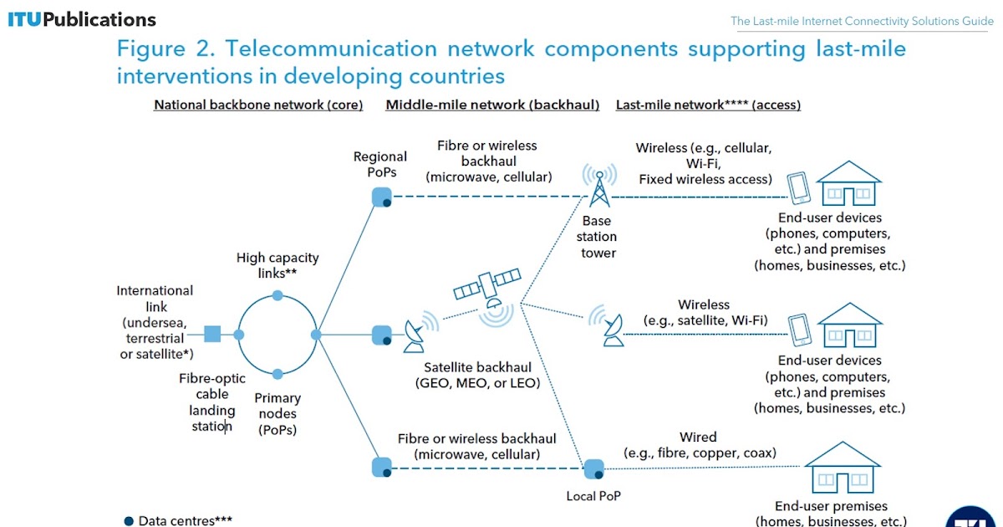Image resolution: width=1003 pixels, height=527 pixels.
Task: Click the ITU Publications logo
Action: [x=82, y=19]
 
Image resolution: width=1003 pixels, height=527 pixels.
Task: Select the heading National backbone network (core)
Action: [x=258, y=105]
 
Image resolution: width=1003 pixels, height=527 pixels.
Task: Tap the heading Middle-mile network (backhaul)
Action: [x=492, y=105]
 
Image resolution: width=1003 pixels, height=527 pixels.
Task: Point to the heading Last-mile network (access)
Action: [x=708, y=105]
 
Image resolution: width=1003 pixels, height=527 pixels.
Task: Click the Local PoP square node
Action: [x=593, y=468]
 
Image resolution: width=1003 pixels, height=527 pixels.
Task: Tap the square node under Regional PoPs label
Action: [x=381, y=197]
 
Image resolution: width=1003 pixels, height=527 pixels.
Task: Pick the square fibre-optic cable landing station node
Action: [x=212, y=335]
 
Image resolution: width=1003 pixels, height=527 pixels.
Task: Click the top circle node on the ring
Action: [x=277, y=295]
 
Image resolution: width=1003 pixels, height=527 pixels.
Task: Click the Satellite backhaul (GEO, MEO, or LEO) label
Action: [x=477, y=376]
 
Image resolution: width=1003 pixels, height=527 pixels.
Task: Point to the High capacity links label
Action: [x=277, y=266]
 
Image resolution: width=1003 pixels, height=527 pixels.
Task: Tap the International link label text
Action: [x=155, y=323]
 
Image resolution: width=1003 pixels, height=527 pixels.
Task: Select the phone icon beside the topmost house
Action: [x=799, y=188]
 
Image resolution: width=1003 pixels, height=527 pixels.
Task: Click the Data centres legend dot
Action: [x=129, y=520]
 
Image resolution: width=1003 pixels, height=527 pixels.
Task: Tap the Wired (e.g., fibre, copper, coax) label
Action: [x=699, y=445]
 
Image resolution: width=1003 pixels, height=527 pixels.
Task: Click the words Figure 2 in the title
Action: [x=162, y=49]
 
